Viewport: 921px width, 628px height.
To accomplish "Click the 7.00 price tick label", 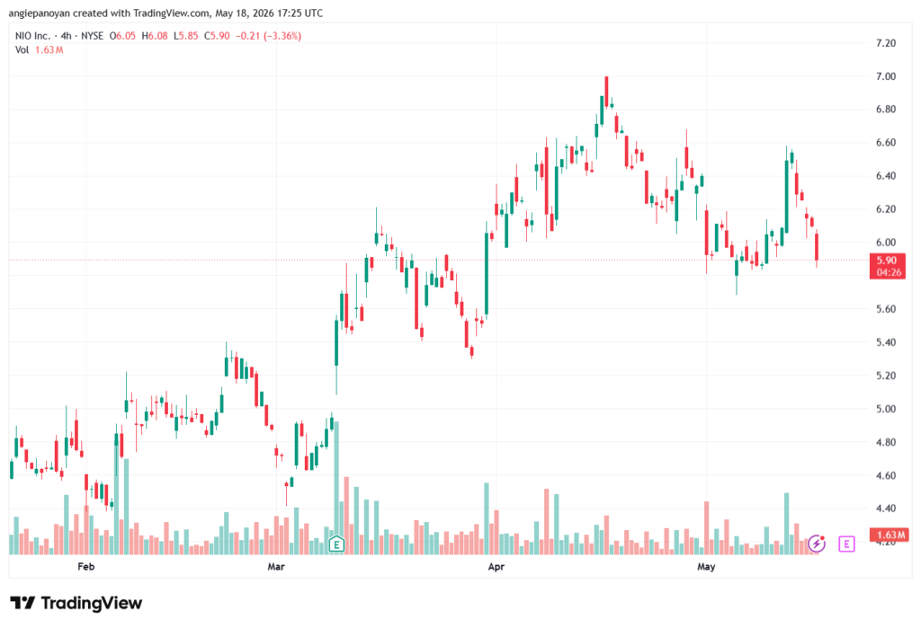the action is pos(885,76).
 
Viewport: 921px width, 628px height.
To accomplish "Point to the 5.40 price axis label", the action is pos(885,342).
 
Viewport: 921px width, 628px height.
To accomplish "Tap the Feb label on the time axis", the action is pos(85,566).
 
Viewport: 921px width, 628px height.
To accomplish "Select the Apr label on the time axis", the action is pos(496,566).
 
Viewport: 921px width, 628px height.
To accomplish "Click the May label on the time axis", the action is pos(706,566).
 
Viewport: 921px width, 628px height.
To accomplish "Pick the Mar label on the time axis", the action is pos(276,566).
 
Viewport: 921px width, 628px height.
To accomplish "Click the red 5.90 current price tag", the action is pos(887,266).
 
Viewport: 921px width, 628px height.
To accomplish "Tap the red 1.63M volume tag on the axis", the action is pos(890,535).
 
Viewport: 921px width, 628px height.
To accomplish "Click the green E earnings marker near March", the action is pos(336,544).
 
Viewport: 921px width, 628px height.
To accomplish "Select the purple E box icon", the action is pos(846,544).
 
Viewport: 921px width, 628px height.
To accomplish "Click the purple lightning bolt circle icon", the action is pos(817,544).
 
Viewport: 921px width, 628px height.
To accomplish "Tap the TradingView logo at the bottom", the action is pos(76,603).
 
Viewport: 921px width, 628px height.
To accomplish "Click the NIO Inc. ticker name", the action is pos(33,36).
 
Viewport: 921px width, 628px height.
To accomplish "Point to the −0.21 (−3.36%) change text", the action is pos(268,36).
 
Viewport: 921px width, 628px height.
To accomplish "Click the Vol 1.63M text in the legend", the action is pos(39,50).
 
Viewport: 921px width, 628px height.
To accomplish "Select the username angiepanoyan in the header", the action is pos(39,13).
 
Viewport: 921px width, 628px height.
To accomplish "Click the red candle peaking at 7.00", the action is pos(607,92).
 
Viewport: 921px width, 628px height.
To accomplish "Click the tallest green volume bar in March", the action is pos(336,488).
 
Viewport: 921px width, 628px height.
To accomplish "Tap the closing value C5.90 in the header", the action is pos(217,36).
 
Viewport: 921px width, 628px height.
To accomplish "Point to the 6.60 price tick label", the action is pos(885,143).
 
